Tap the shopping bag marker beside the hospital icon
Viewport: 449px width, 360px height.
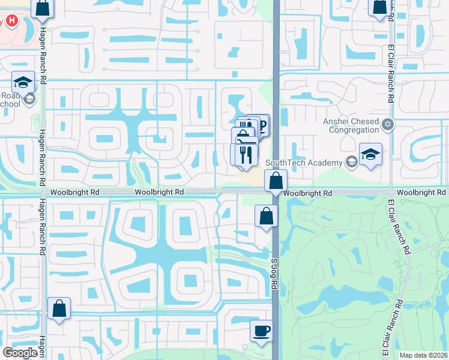pos(43,8)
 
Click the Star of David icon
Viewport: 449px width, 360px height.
pos(388,125)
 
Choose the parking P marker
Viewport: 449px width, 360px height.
pos(261,125)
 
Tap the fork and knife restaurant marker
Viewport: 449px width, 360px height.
pos(244,155)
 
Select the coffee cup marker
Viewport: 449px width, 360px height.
pos(261,331)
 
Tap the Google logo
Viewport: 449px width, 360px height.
pos(20,352)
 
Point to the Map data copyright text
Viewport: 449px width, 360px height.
pos(424,355)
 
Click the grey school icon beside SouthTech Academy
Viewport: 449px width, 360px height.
pos(349,162)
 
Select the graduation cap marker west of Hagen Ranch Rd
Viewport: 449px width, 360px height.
pos(23,83)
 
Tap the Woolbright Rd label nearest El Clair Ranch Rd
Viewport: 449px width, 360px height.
pos(422,193)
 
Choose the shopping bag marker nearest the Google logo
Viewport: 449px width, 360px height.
pos(59,308)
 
